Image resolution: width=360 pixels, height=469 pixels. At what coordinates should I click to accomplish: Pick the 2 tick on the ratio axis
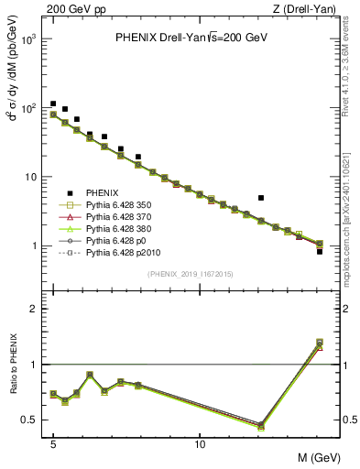click(34, 310)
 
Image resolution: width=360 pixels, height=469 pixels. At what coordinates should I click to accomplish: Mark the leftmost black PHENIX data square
click(53, 104)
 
